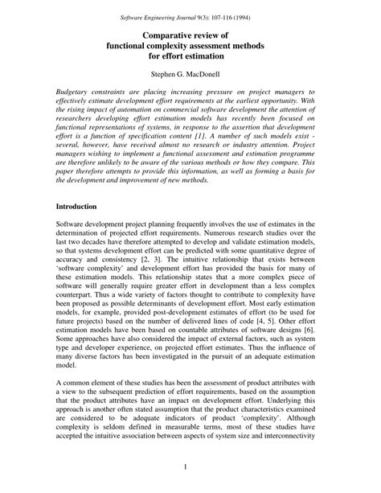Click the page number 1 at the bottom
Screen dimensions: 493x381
[190, 468]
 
